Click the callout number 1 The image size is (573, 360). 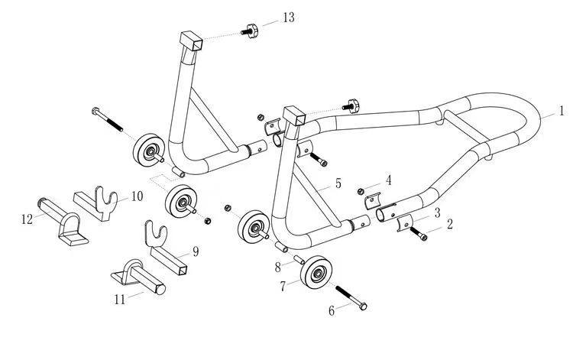(x=562, y=112)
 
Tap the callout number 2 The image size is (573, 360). (x=450, y=225)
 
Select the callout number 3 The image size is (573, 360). (x=436, y=212)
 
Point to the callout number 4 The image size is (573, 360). (x=388, y=180)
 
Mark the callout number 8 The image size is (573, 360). (x=278, y=267)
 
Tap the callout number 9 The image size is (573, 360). (x=195, y=251)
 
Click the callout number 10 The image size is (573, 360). (x=136, y=196)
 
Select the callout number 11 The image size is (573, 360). (x=119, y=299)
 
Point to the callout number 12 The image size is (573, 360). (x=27, y=219)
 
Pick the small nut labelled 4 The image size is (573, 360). (x=361, y=191)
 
